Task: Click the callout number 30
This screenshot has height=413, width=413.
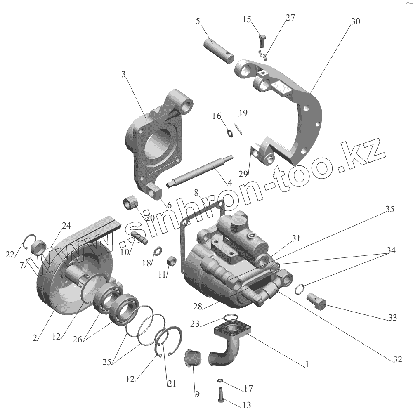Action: tap(355, 21)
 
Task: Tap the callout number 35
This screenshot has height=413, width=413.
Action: tap(389, 209)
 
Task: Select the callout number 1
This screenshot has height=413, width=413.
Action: tap(307, 365)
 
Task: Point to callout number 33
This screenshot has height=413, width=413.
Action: tap(392, 318)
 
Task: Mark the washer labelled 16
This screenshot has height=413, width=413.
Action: tap(230, 133)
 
